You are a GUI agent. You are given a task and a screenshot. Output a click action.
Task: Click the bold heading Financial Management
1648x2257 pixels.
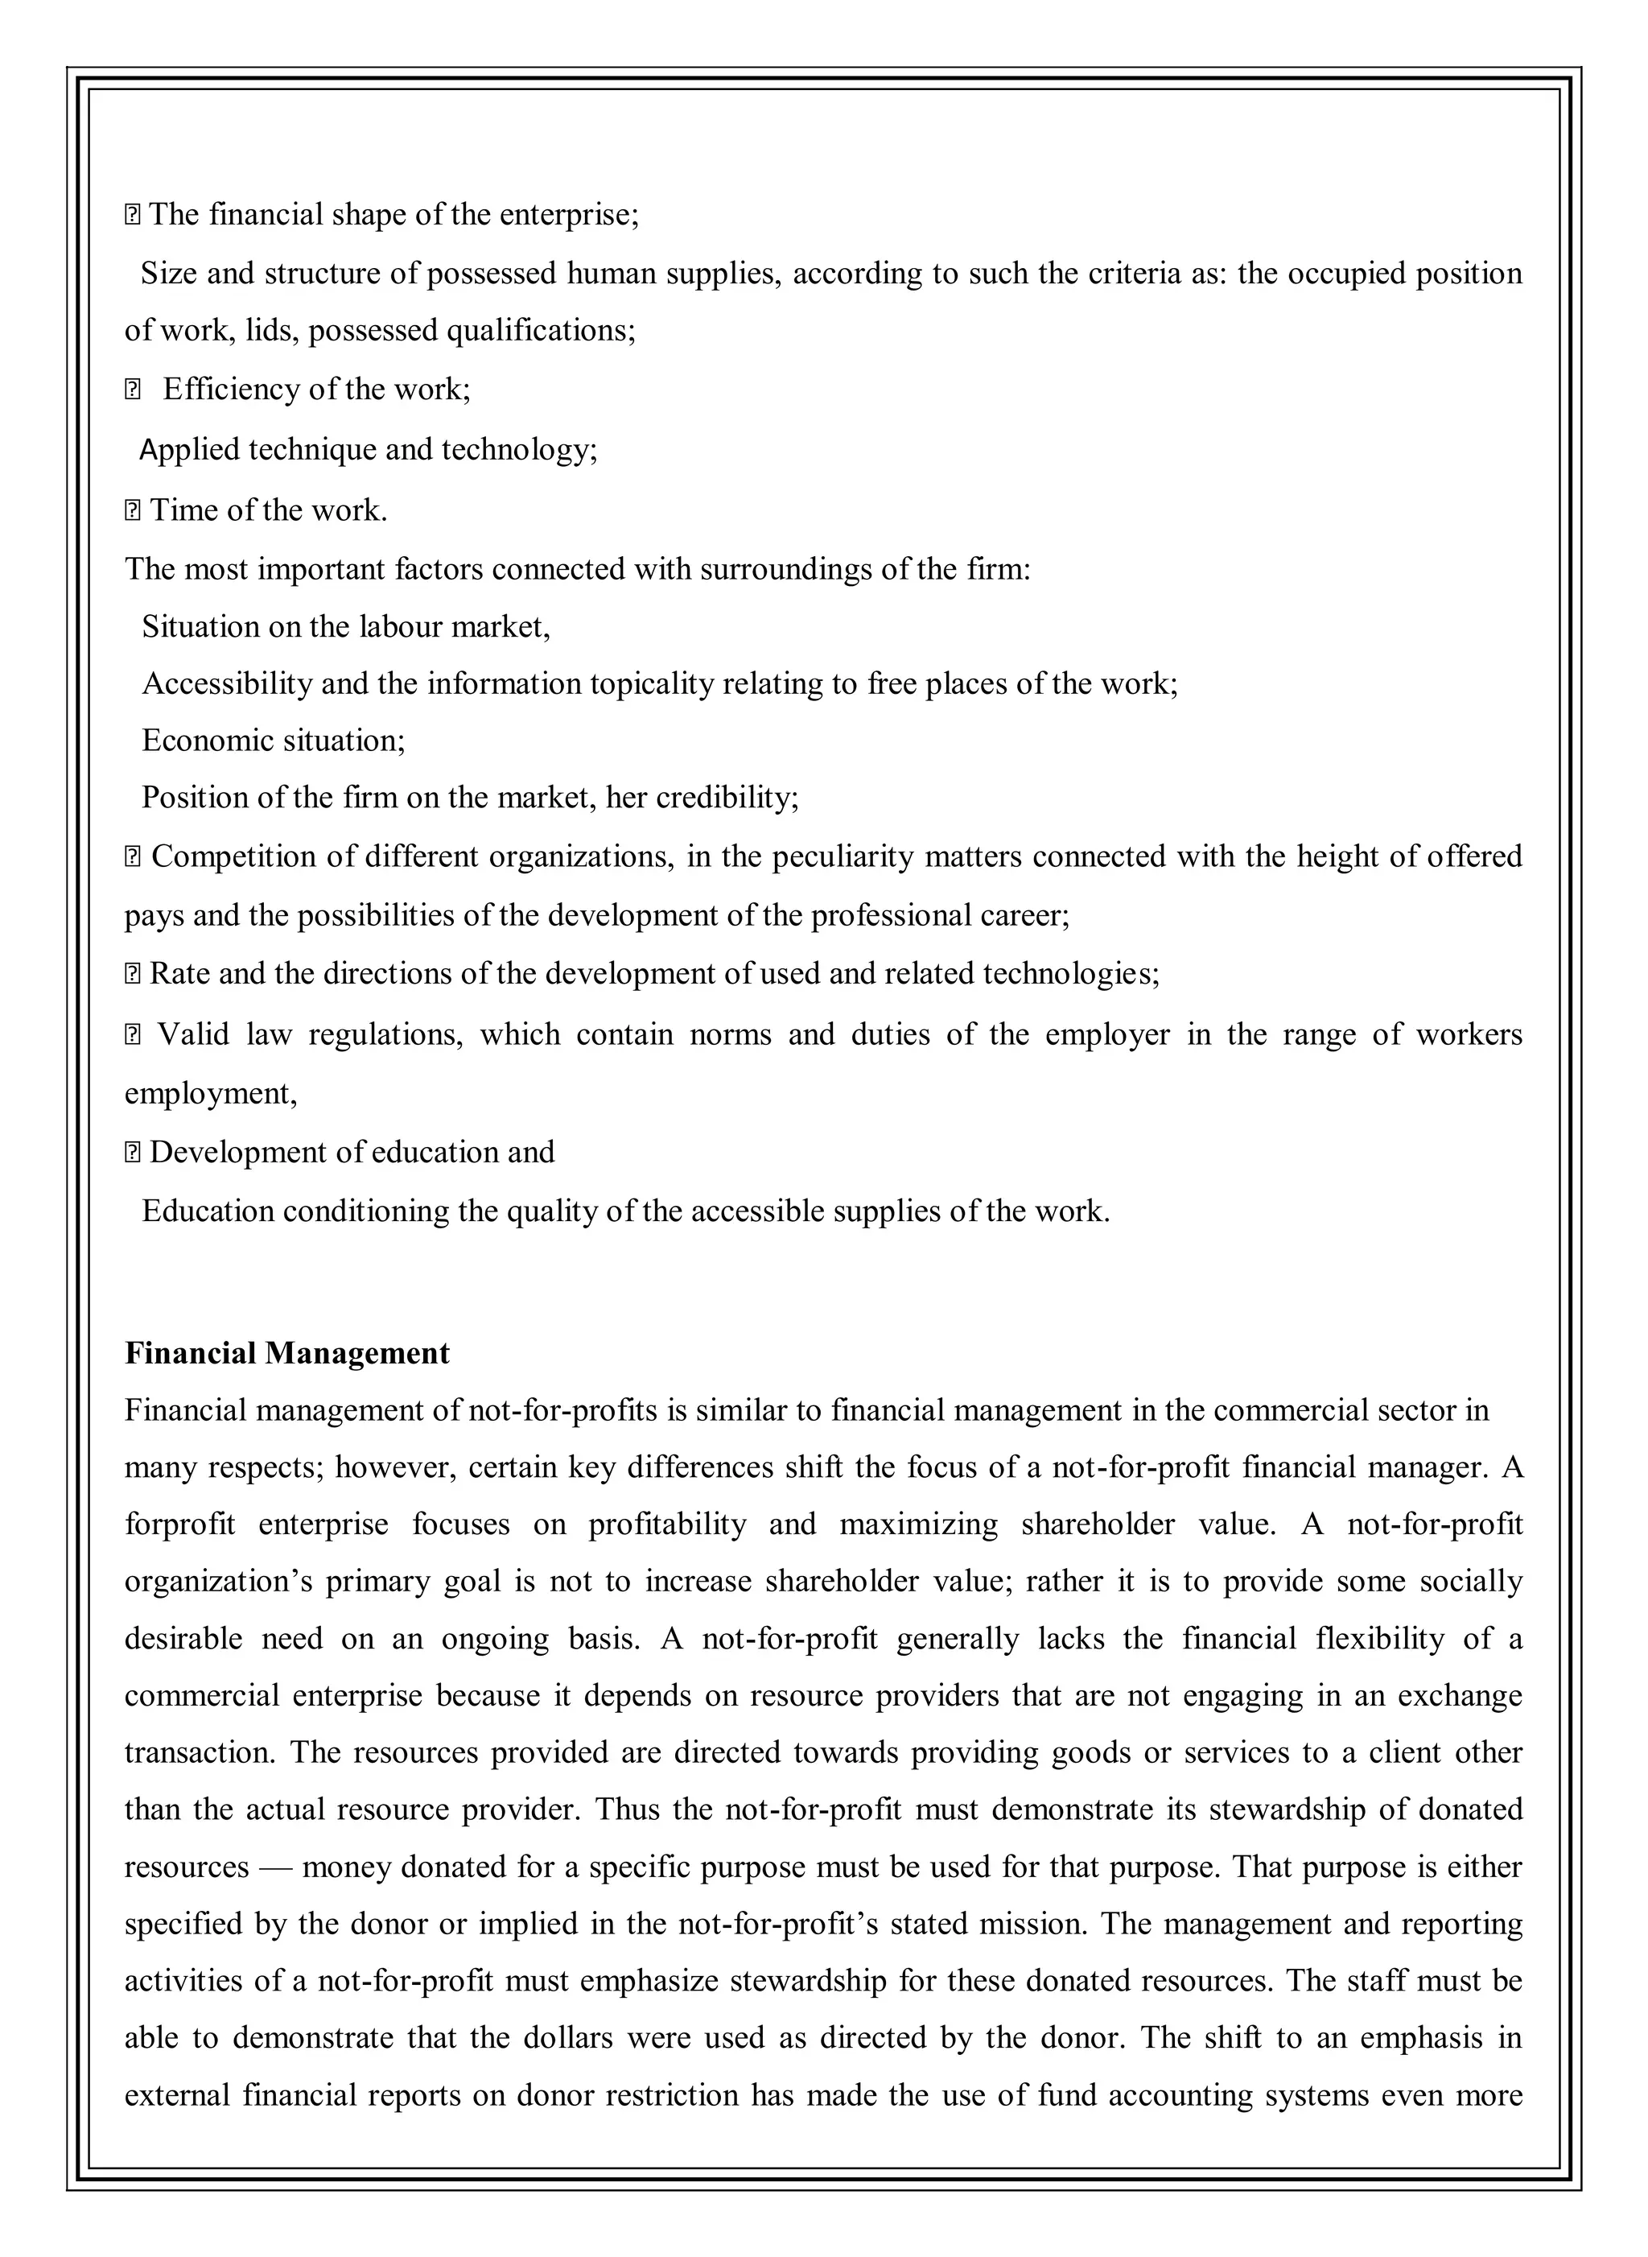click(286, 1353)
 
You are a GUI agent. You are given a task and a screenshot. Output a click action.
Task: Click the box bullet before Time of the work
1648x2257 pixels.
click(133, 512)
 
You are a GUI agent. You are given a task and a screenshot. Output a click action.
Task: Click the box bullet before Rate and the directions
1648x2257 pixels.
click(133, 975)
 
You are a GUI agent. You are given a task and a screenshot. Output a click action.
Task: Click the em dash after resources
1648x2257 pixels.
click(274, 1867)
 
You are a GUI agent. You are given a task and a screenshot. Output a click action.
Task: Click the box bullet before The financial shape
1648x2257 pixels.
click(133, 216)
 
